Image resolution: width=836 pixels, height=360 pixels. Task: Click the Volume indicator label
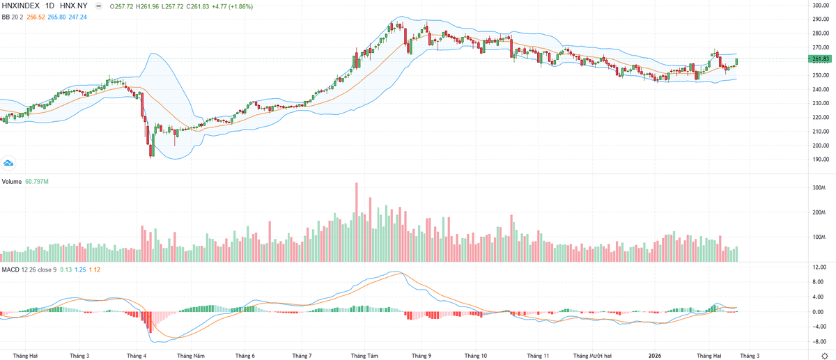click(x=12, y=182)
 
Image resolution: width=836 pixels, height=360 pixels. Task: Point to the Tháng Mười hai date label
click(x=592, y=355)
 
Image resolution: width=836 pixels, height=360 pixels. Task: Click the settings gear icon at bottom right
click(x=824, y=355)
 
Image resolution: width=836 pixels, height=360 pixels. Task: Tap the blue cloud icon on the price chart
click(x=9, y=163)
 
